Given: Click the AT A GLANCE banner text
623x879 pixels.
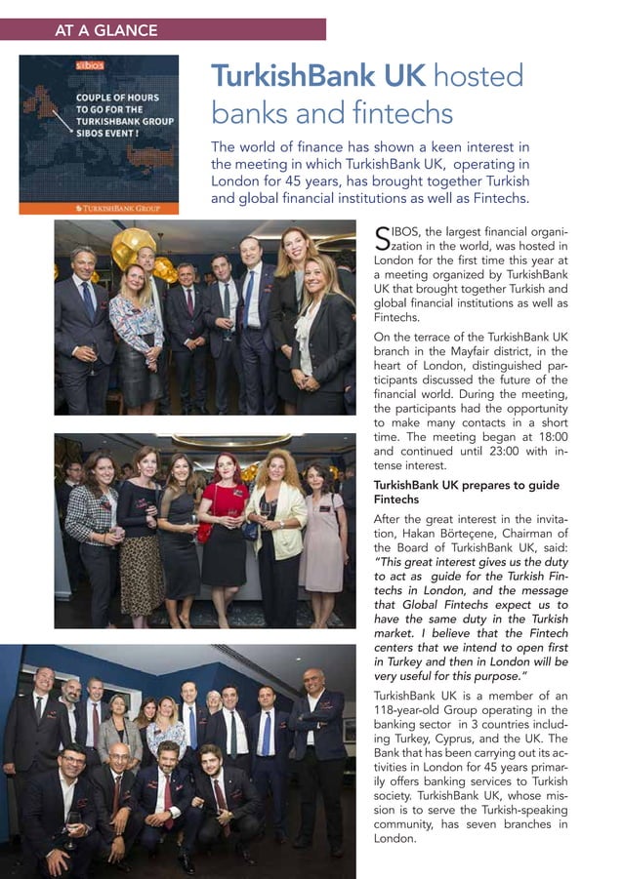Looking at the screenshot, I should pos(105,30).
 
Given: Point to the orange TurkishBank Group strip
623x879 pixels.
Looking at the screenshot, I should pos(99,208).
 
